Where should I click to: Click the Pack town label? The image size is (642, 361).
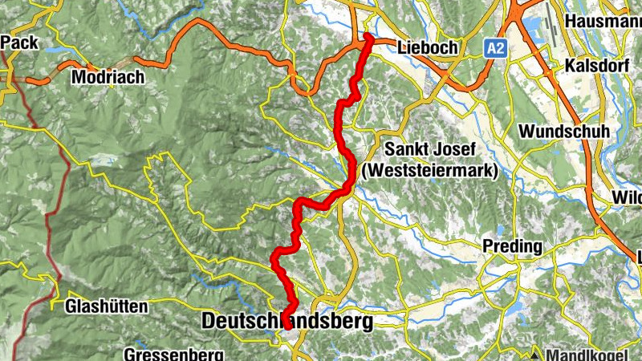point(16,41)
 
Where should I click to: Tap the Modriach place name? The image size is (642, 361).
point(108,78)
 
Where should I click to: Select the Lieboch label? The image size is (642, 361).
point(427,48)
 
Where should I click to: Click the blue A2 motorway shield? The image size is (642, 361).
point(496,49)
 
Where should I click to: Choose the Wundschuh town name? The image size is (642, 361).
point(564,131)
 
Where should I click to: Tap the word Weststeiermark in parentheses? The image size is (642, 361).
point(430,171)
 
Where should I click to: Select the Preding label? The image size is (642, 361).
point(512,246)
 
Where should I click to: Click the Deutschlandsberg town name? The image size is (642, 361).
point(287,322)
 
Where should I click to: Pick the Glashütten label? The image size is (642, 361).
point(106,306)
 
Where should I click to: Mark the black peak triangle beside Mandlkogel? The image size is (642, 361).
point(534,353)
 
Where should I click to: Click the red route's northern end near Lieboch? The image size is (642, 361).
point(368,36)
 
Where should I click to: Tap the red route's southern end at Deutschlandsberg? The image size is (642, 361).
point(287,328)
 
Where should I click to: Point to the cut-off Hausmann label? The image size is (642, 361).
point(602,21)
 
